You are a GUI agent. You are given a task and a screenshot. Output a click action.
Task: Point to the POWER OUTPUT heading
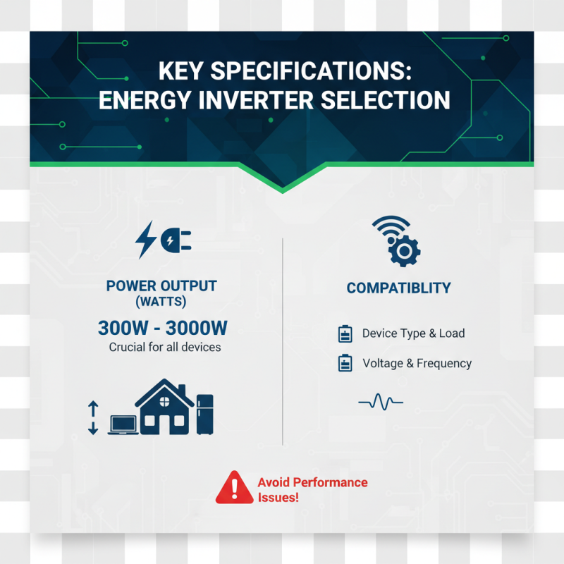pos(161,286)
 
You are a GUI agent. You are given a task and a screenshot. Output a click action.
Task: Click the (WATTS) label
pos(161,302)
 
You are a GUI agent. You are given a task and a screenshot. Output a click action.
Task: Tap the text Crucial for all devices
pos(165,347)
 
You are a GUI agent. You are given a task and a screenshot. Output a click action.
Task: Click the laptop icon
pos(123,424)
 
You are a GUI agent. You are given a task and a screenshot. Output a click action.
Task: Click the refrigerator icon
pos(204,414)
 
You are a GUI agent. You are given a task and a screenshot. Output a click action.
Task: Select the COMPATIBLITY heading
pos(398,288)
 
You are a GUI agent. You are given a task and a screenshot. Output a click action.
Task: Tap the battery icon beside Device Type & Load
pos(345,333)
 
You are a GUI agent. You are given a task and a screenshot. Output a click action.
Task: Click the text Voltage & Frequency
pos(417,364)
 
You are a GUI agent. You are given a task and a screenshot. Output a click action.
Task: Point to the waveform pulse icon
pos(381,403)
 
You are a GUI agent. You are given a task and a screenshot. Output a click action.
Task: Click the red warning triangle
pos(233,488)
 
